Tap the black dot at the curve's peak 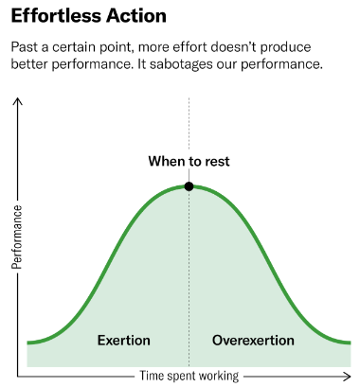(x=189, y=186)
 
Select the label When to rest (x=189, y=162)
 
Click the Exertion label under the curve (x=124, y=340)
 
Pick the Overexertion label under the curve (x=253, y=340)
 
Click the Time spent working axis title (x=189, y=375)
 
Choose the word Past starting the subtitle (x=24, y=47)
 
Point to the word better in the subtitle (x=31, y=66)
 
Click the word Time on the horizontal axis (x=153, y=375)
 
